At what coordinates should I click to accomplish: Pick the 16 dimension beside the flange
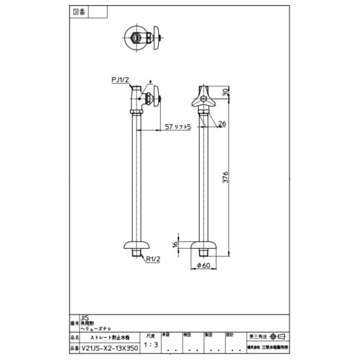[175, 245]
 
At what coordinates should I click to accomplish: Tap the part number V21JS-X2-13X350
[110, 348]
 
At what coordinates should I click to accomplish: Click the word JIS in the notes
[84, 318]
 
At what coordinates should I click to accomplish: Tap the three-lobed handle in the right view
[205, 98]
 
